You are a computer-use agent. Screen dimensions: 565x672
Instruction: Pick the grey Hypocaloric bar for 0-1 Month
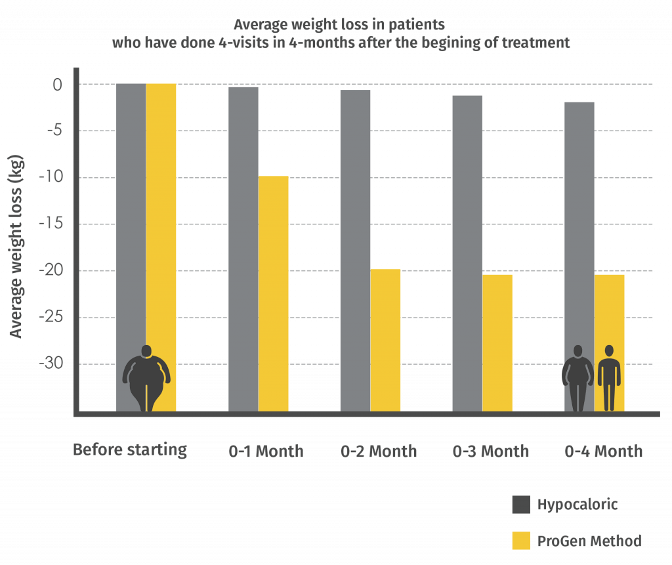243,249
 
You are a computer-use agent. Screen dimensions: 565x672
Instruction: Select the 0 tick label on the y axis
57,85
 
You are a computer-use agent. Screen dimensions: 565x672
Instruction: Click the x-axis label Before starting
130,450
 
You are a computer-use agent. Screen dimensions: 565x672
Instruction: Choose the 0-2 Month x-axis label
379,451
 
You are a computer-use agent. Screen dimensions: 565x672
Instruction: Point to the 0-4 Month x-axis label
603,451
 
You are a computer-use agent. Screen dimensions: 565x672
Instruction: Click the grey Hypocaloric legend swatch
521,505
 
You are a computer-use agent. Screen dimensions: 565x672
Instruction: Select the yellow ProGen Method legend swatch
521,541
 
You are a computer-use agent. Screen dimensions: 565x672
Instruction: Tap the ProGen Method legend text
589,541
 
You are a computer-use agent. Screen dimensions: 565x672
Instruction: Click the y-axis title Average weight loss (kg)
16,246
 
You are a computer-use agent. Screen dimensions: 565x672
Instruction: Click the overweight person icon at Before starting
146,378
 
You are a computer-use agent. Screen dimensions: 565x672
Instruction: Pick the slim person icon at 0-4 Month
609,378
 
